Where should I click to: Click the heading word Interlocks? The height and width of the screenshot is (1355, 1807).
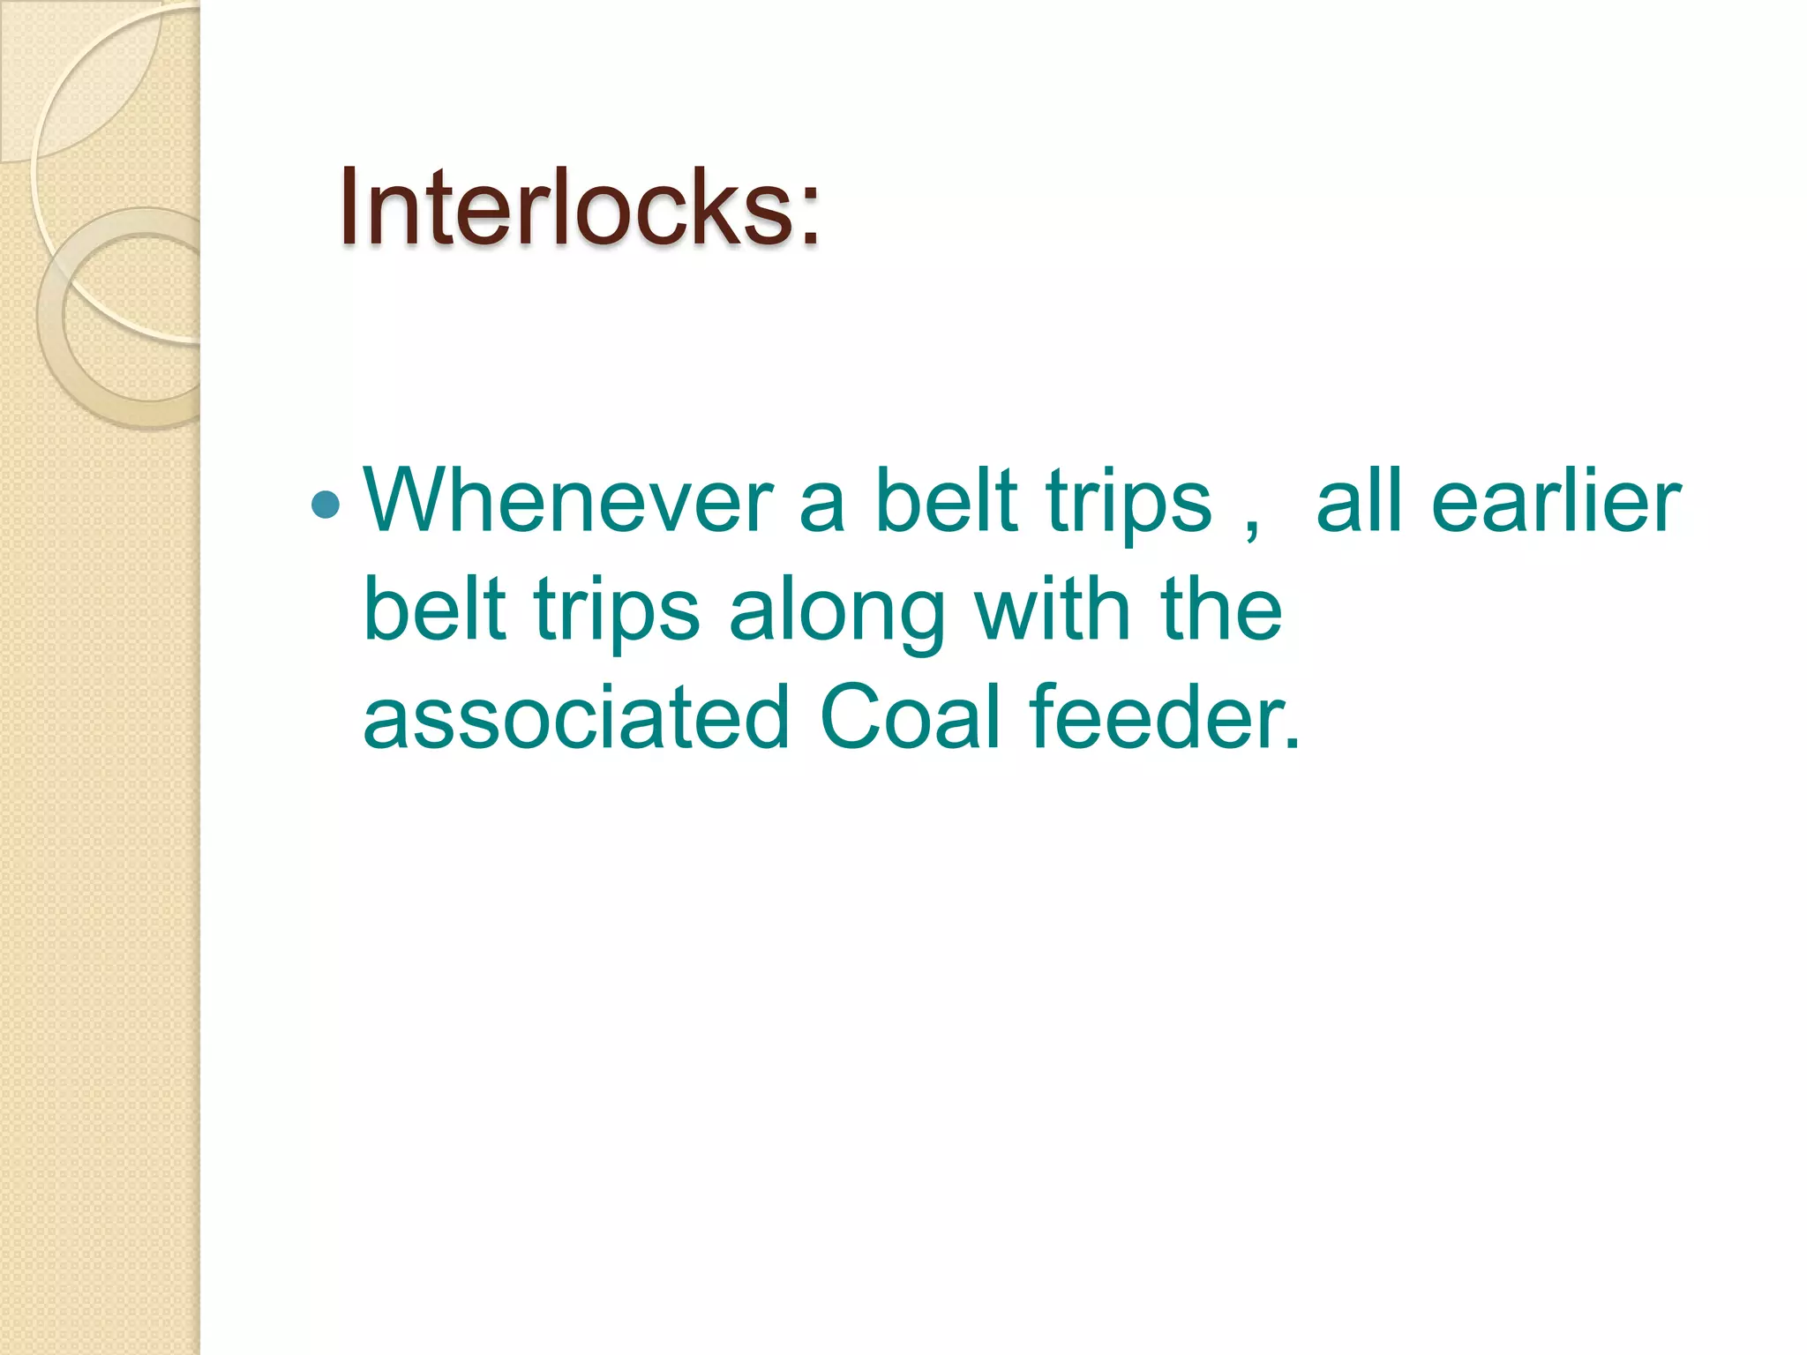pos(565,208)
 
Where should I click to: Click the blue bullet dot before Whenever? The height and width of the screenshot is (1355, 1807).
pos(326,505)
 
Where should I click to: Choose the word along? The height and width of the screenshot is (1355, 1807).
pos(837,613)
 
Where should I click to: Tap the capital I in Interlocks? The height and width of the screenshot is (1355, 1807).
pos(349,208)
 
